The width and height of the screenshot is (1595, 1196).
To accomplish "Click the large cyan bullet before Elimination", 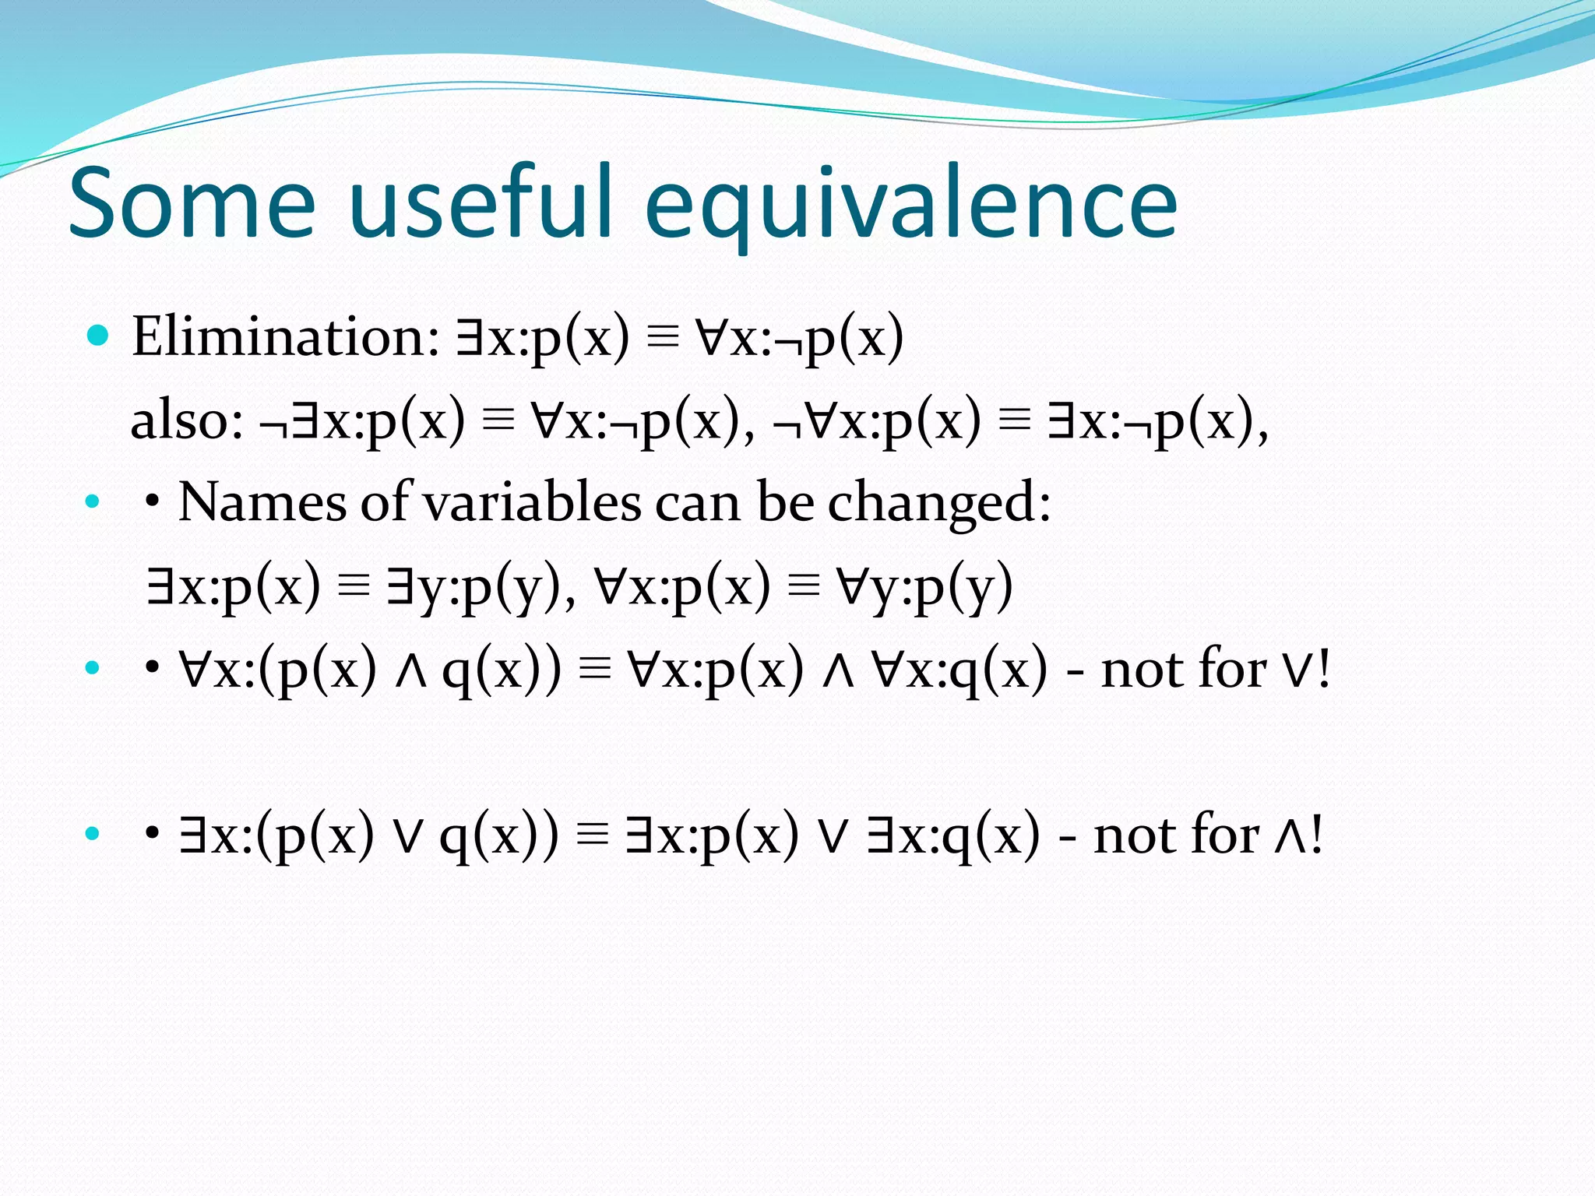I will coord(97,336).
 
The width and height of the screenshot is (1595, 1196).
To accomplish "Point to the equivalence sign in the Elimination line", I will coord(663,338).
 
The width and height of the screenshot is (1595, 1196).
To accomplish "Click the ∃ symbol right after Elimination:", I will coord(470,336).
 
